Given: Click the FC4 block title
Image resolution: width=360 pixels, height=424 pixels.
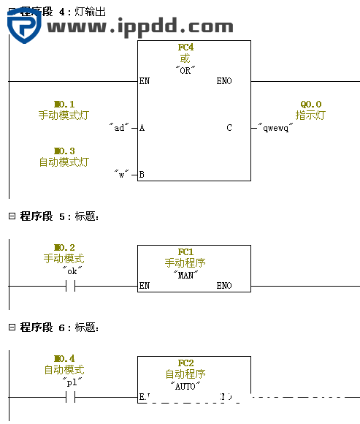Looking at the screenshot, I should (186, 48).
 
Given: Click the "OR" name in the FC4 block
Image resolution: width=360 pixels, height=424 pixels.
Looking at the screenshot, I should (185, 70).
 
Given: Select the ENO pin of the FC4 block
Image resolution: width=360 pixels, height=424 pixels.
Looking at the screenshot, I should (224, 81).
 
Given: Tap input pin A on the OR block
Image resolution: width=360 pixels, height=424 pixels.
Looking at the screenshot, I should (142, 128).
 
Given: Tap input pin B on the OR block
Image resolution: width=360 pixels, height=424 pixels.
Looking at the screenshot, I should (142, 175).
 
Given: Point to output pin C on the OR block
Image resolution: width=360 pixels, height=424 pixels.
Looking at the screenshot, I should (229, 128).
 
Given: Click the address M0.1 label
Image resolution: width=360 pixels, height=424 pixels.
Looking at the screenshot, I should (64, 105).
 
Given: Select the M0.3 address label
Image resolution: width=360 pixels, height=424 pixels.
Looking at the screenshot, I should (64, 151).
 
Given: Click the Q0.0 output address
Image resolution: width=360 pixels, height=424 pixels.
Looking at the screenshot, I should (310, 105).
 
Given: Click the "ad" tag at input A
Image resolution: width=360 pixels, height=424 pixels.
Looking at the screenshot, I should (119, 128).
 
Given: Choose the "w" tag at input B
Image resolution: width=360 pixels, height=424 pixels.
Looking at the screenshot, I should (122, 175).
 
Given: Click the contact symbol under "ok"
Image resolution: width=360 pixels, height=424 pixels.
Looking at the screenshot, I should (71, 286).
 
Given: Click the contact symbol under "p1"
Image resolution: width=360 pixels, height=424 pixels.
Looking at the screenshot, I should (71, 397).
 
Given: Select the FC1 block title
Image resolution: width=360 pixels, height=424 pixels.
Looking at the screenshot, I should (185, 252).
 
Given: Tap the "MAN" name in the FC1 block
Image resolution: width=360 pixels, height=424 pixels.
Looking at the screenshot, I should (185, 275).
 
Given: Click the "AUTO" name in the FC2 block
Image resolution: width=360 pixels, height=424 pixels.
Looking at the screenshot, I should (185, 386).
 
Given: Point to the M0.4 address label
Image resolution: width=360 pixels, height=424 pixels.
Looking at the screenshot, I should (64, 359).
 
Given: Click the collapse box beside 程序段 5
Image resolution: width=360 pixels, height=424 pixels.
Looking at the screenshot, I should (12, 216).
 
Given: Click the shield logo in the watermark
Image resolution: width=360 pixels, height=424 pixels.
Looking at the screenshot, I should (23, 26).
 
